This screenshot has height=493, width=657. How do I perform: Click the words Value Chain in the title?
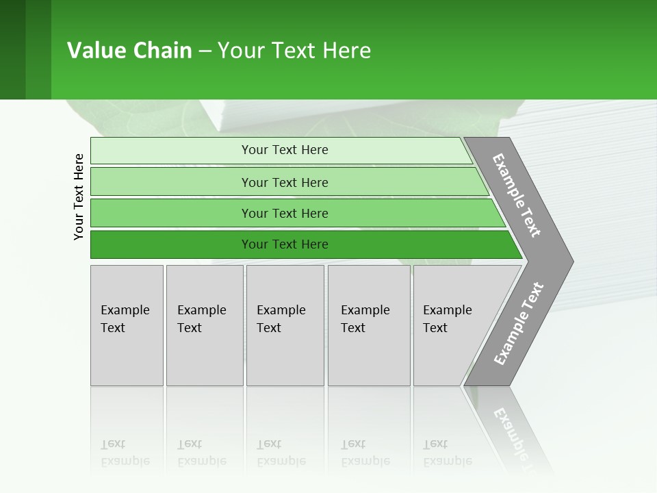coord(129,51)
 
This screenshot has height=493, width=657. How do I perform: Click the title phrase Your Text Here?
coord(294,51)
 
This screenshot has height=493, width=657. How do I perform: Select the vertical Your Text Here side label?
coord(79,197)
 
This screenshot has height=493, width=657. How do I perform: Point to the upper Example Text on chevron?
coord(517,195)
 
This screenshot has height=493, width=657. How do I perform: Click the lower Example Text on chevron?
coord(518,324)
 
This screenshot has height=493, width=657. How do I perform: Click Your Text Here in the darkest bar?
coord(285,244)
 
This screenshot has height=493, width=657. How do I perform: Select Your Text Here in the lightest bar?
coord(285,150)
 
